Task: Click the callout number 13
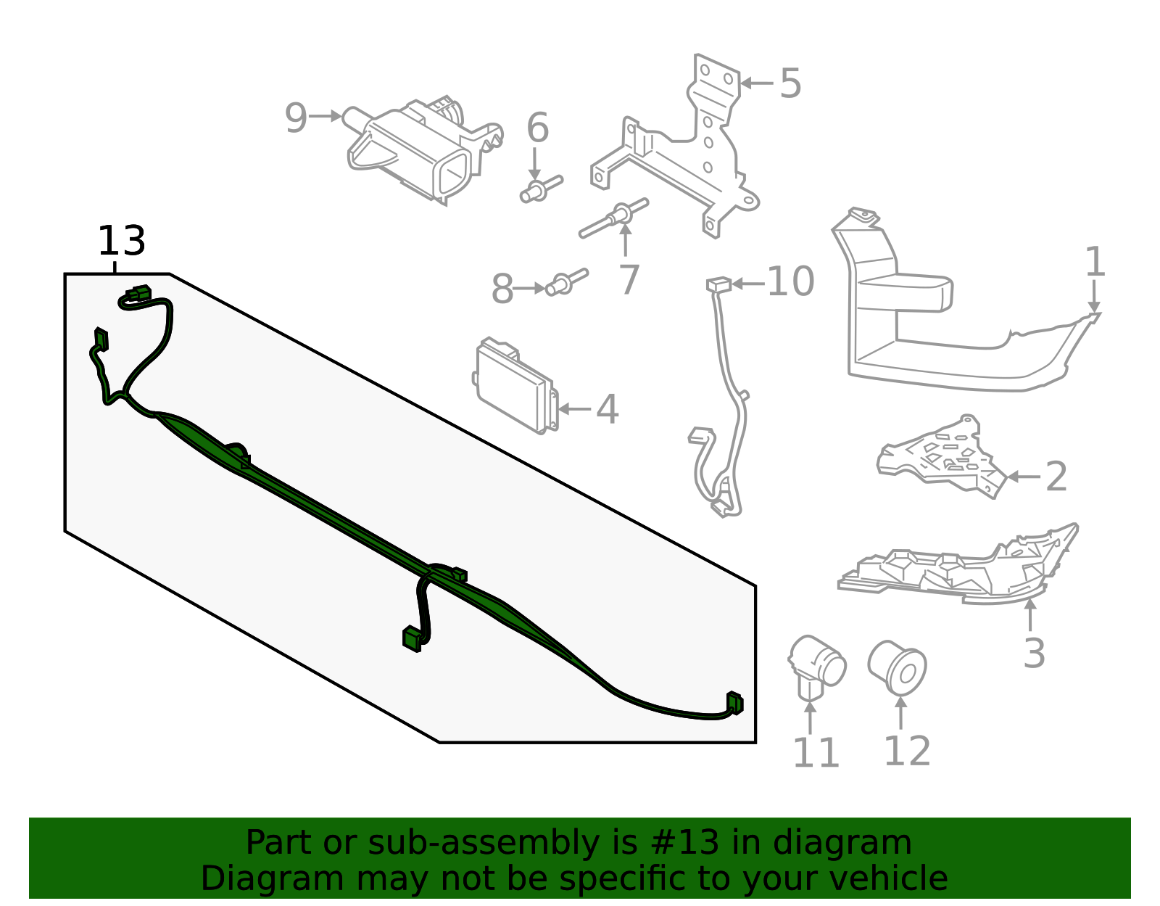(x=121, y=241)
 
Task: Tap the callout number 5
(x=790, y=83)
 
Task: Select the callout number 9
(x=296, y=118)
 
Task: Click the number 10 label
(x=790, y=281)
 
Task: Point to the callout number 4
(x=607, y=410)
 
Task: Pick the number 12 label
(x=907, y=751)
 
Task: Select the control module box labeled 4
(x=515, y=385)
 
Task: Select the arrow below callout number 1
(x=1093, y=297)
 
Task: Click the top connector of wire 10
(x=718, y=284)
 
